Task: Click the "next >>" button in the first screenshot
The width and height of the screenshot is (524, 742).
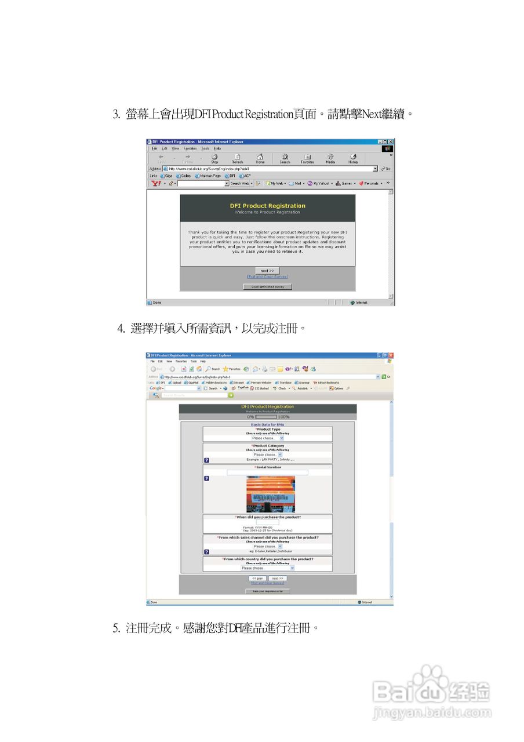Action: [x=267, y=271]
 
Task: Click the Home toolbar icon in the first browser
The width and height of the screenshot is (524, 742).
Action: [x=260, y=158]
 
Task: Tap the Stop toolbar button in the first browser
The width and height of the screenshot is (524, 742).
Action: [x=214, y=158]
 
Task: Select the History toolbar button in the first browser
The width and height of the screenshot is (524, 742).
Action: [x=353, y=158]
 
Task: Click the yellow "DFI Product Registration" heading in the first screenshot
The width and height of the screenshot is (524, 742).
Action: [x=267, y=206]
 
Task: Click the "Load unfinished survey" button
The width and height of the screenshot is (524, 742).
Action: [x=267, y=286]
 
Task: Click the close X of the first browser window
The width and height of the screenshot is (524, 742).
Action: [x=391, y=142]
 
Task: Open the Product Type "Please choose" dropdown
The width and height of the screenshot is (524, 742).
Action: [x=267, y=438]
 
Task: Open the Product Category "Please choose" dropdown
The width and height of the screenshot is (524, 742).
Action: [x=267, y=454]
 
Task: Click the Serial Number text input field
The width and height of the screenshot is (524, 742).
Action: [x=267, y=472]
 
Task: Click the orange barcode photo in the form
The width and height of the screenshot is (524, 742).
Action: [x=270, y=493]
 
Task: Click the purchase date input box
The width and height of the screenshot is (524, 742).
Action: [x=267, y=522]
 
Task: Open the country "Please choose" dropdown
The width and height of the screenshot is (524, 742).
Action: [x=267, y=568]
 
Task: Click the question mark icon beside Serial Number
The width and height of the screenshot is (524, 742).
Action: [x=206, y=478]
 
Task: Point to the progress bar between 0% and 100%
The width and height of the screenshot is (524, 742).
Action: [x=266, y=417]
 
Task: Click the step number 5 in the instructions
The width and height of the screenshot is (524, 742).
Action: [x=115, y=628]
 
